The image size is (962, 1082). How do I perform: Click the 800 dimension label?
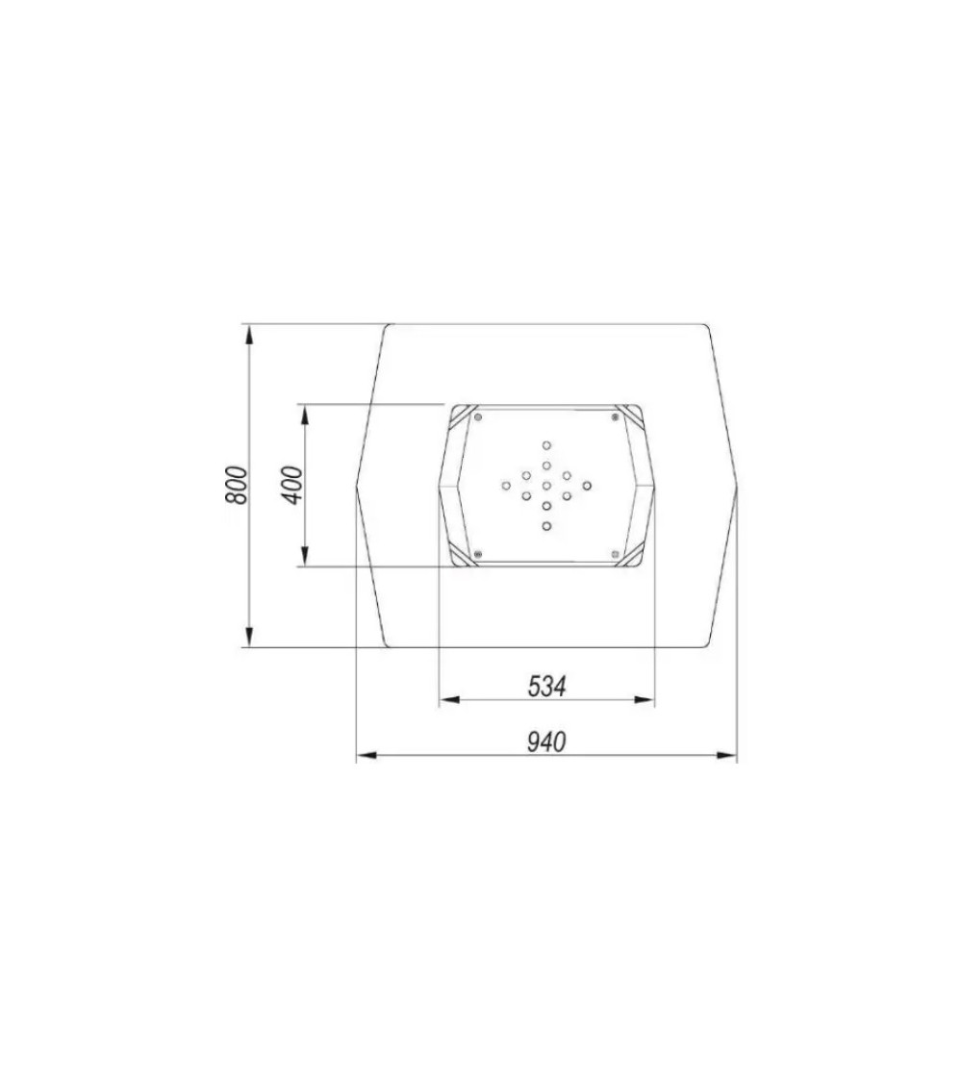[236, 485]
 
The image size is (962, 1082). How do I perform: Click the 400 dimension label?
[292, 485]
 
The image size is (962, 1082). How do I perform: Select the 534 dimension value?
[546, 686]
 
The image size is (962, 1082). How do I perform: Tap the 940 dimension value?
[546, 742]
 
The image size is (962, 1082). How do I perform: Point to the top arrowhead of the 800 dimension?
[250, 334]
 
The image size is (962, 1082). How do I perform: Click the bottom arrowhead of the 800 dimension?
[250, 637]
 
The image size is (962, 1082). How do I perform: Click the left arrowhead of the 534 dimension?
[450, 700]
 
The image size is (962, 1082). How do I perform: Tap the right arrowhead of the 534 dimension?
[644, 700]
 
